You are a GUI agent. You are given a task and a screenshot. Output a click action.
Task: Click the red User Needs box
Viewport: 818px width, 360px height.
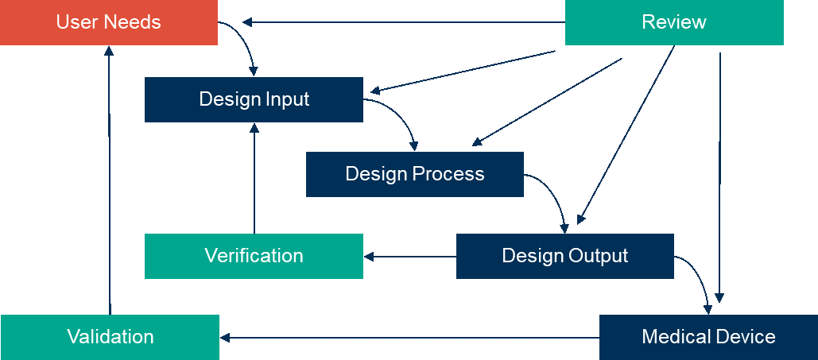tap(109, 22)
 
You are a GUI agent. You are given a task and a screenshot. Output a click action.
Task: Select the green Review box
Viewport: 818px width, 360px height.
tap(674, 22)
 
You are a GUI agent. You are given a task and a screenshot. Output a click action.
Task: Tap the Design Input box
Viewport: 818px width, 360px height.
tap(254, 99)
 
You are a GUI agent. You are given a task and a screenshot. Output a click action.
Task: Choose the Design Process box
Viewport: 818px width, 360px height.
tap(415, 174)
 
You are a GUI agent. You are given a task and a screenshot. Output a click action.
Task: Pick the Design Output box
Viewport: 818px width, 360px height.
tap(564, 256)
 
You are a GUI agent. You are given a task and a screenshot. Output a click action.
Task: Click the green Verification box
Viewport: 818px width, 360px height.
tap(254, 256)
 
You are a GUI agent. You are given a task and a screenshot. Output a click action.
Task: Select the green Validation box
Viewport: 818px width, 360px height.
tap(110, 337)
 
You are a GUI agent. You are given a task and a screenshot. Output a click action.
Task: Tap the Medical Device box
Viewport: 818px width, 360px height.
tap(708, 337)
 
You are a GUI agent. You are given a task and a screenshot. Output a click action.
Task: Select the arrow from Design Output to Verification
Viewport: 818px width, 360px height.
tap(409, 256)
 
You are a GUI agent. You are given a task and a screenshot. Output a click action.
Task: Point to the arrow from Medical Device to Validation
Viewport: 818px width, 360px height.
tap(409, 338)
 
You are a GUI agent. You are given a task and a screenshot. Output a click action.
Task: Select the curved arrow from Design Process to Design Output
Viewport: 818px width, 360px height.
tap(552, 195)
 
